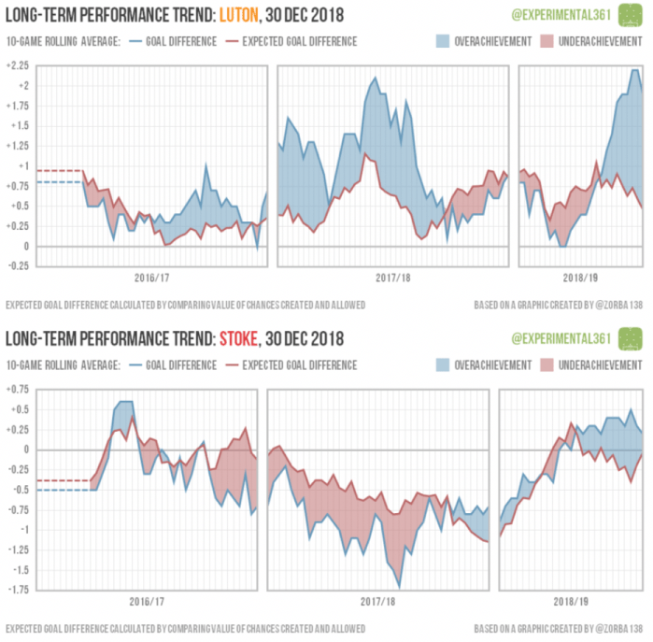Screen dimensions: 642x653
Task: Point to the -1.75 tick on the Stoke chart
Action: click(x=16, y=591)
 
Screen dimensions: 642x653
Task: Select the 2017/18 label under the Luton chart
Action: click(x=390, y=278)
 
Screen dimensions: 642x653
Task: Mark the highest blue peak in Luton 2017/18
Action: click(x=375, y=78)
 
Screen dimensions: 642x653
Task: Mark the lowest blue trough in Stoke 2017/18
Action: click(x=400, y=587)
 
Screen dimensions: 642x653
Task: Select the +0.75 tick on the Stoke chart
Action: click(x=16, y=388)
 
